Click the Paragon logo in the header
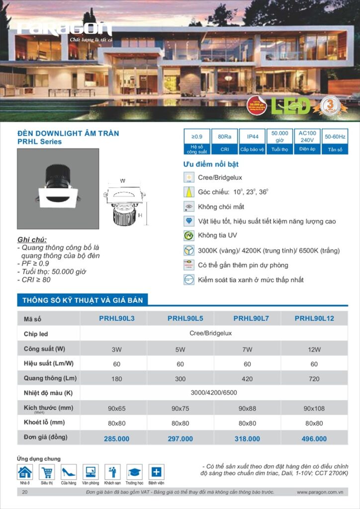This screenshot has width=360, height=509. pyautogui.click(x=65, y=29)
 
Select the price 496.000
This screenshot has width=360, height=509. pyautogui.click(x=314, y=438)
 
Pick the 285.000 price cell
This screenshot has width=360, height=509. pyautogui.click(x=116, y=438)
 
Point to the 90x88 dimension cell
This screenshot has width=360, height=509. pyautogui.click(x=247, y=408)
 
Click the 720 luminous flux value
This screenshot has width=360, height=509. pyautogui.click(x=314, y=378)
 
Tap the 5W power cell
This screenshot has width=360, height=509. pyautogui.click(x=180, y=349)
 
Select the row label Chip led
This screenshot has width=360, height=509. pyautogui.click(x=36, y=334)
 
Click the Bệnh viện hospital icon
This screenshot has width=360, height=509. pyautogui.click(x=156, y=472)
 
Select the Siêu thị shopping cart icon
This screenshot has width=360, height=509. pyautogui.click(x=47, y=472)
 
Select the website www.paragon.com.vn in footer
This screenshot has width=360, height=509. pyautogui.click(x=321, y=492)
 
